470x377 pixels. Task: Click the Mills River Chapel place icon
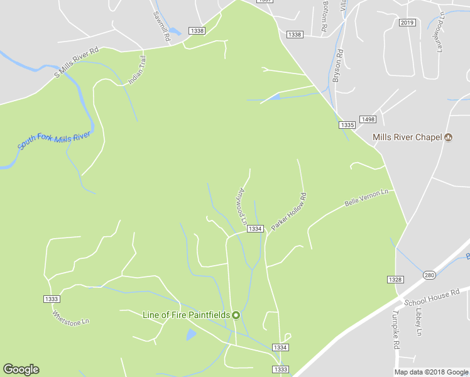[x=449, y=137]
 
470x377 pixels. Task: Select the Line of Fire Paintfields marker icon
[x=236, y=315]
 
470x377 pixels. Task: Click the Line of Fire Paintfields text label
[x=187, y=315]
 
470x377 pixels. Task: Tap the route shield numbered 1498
[x=368, y=119]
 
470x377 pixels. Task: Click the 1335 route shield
[x=347, y=126]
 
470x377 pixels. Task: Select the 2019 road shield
[x=407, y=23]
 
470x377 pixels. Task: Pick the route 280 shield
[x=429, y=275]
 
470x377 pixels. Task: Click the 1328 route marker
[x=395, y=279]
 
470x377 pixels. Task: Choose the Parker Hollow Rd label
[x=289, y=211]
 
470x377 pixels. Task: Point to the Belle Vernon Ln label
[x=367, y=198]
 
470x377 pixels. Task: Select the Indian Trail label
[x=136, y=69]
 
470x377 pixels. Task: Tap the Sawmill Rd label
[x=161, y=26]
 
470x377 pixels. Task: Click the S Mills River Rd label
[x=77, y=63]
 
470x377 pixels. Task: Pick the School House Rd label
[x=432, y=298]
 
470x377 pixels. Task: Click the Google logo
[x=21, y=369]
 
